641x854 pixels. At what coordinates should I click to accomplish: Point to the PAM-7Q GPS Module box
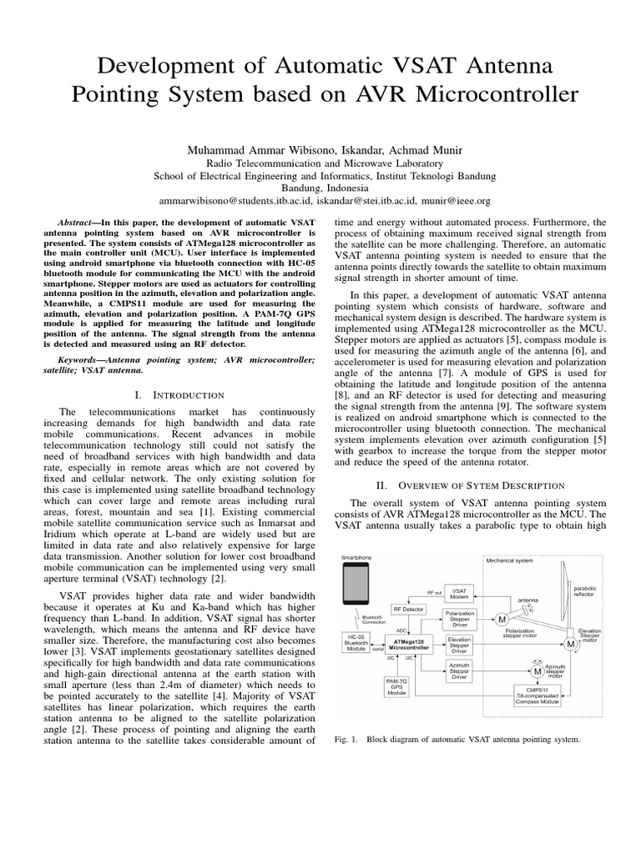tap(396, 686)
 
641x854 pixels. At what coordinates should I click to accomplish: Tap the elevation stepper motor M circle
tap(570, 644)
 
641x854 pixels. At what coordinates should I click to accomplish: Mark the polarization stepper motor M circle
tap(502, 620)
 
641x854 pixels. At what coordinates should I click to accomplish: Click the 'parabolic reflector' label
tap(584, 591)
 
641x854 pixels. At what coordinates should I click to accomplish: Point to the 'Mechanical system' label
tap(510, 561)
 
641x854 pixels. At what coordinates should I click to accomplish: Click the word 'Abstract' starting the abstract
tap(72, 224)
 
